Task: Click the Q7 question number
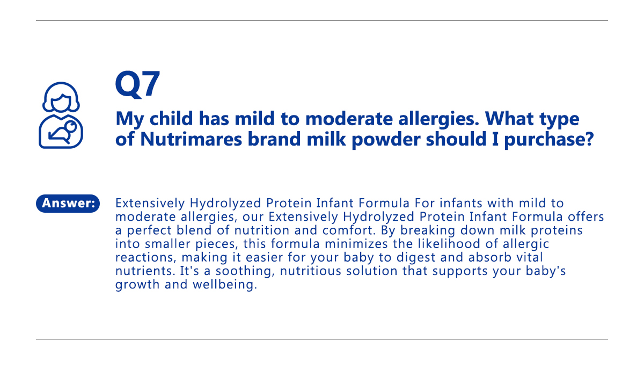tap(137, 84)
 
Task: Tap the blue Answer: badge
tap(68, 204)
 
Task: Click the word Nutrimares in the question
tap(191, 139)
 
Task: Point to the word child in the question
tap(171, 118)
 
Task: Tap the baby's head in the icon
tap(71, 126)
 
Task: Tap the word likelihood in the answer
tap(449, 244)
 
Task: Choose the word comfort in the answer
tap(348, 230)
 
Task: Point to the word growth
tap(137, 285)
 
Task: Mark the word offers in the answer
tap(586, 217)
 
